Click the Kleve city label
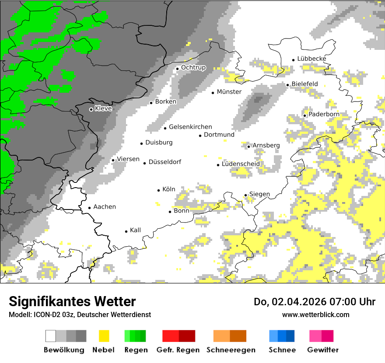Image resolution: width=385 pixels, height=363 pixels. pos(103,108)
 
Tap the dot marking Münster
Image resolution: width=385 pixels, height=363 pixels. pos(213,92)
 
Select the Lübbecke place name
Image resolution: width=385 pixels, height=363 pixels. pos(311,59)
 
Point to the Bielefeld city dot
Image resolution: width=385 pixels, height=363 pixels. pos(288,85)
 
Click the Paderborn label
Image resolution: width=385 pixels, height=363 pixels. pos(324,114)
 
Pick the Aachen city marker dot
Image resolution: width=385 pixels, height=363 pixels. pos(89,208)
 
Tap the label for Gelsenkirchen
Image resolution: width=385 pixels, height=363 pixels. pos(190,127)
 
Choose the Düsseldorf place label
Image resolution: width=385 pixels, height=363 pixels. pos(164,162)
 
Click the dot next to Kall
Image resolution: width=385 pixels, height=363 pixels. pos(126,231)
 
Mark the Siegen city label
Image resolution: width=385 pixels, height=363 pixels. pos(259,194)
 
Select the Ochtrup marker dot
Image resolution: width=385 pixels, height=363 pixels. pos(178,68)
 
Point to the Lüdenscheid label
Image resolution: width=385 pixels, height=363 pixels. pos(241,164)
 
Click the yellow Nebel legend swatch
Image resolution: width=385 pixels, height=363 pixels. pos(104,336)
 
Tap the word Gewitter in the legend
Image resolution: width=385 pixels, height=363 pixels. pos(322,350)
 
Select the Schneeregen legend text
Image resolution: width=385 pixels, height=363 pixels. pos(231,350)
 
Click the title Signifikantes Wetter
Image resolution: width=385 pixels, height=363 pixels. pos(72,301)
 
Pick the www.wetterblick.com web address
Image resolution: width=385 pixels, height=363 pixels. pos(315,314)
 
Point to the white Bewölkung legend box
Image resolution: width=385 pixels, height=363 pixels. pos(51,336)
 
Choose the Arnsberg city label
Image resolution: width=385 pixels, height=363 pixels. pos(266,145)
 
